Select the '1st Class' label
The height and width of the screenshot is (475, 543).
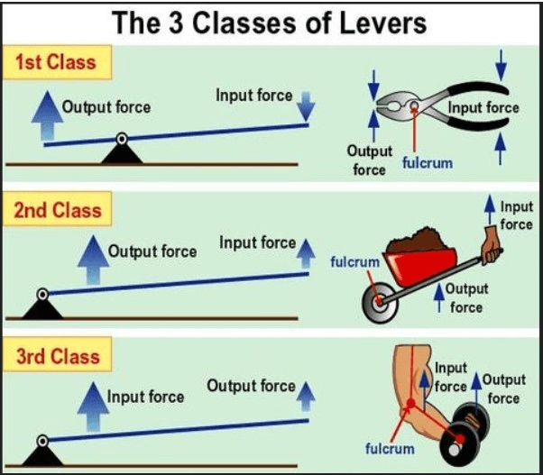click(x=56, y=64)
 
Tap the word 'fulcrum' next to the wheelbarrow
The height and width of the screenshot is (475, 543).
click(x=354, y=261)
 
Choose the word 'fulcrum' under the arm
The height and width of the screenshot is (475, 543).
click(x=390, y=448)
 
